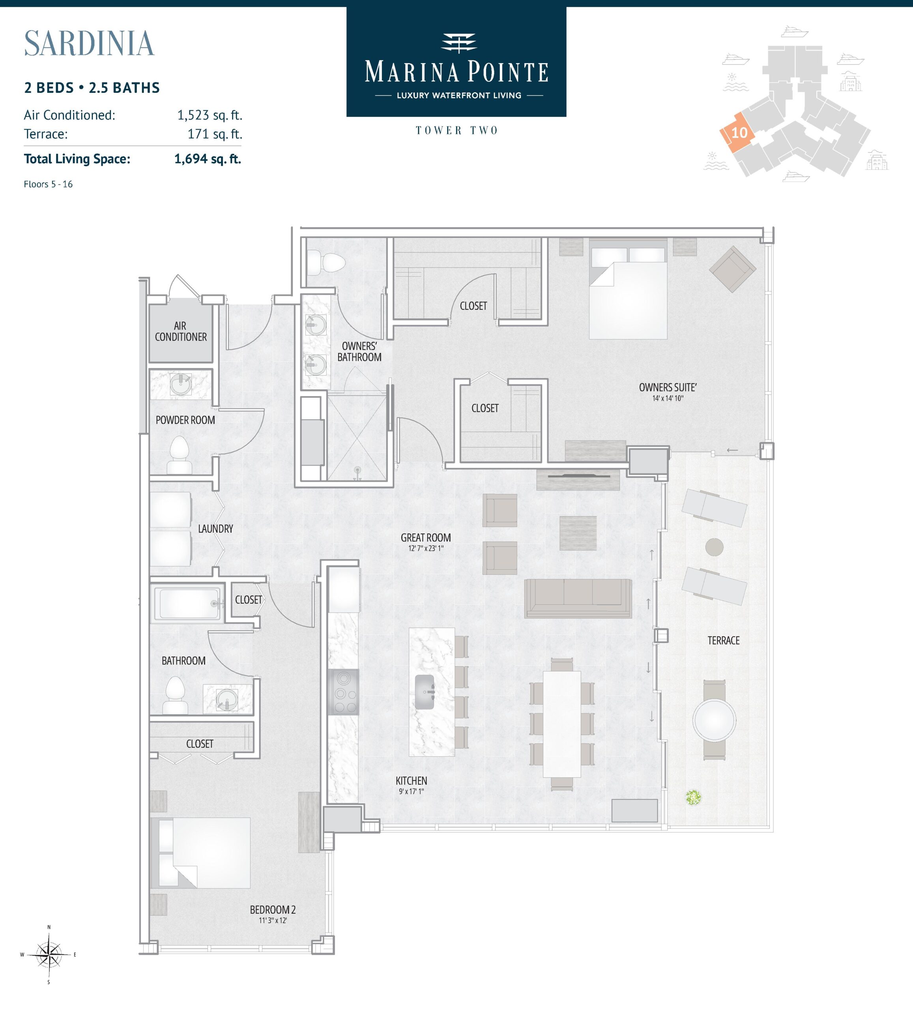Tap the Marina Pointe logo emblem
458,43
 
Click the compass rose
49,955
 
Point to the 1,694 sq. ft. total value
208,159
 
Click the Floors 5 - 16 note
48,184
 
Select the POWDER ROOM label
185,420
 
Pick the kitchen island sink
425,692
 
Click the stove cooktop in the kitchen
344,692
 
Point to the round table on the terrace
714,720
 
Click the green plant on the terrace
693,797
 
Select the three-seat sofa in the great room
578,598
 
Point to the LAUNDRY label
215,529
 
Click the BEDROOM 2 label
273,909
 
